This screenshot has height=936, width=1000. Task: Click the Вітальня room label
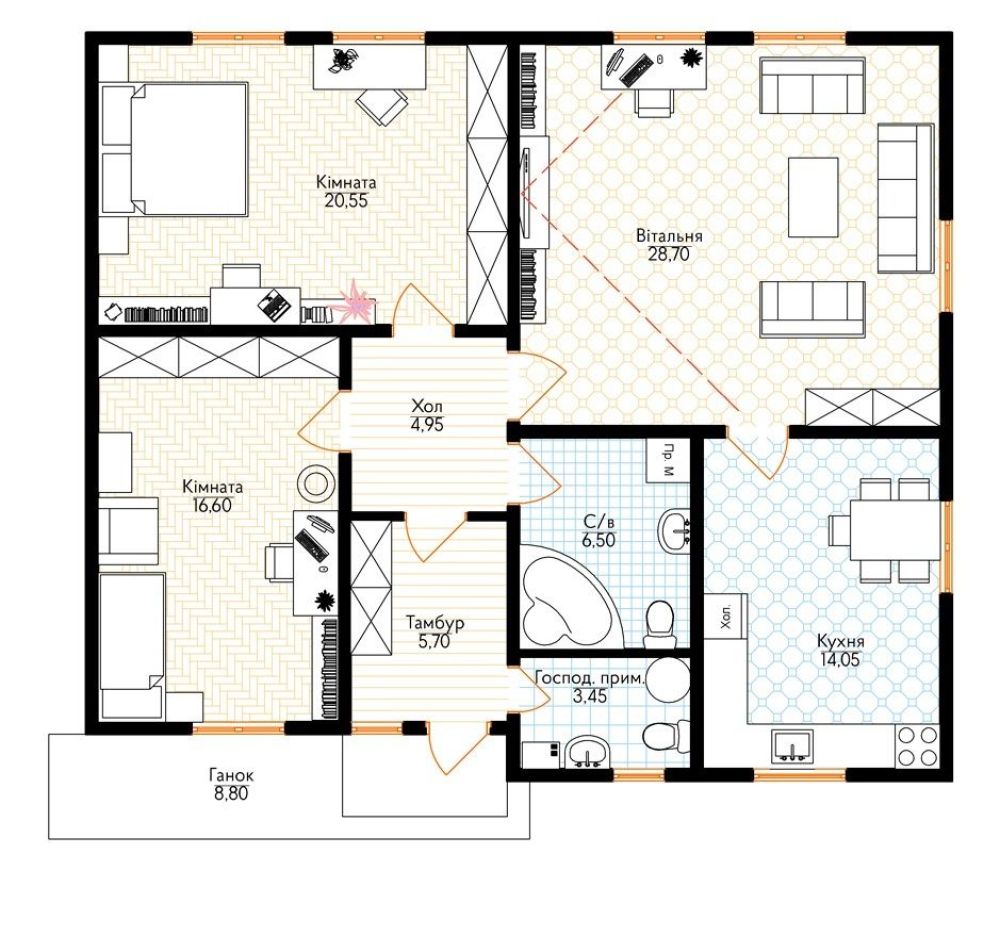(669, 236)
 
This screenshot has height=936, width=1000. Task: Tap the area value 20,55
(346, 200)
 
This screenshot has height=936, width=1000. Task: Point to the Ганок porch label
(231, 776)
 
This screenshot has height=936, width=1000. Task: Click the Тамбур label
(435, 622)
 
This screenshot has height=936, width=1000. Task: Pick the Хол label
(427, 406)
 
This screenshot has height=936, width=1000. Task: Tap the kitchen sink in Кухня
(791, 745)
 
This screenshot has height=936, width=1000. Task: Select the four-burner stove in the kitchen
(917, 745)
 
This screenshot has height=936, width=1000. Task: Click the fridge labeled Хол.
(726, 616)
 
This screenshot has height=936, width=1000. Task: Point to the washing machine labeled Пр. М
(668, 460)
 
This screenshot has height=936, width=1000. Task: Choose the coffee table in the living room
(812, 197)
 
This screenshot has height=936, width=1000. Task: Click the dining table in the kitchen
(895, 530)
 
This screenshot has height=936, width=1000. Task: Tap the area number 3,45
(589, 696)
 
